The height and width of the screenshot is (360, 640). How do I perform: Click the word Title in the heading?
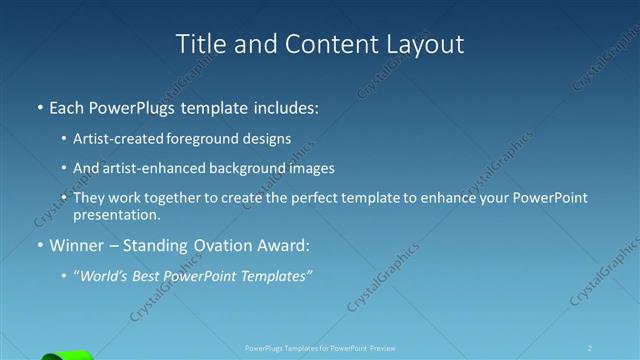(200, 44)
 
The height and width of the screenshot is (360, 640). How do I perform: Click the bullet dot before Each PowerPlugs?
(39, 106)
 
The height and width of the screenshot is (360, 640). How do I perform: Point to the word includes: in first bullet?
(283, 106)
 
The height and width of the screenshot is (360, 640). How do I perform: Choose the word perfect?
(312, 198)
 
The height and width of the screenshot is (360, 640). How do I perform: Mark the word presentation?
(116, 214)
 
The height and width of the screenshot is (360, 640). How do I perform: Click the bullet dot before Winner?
(39, 246)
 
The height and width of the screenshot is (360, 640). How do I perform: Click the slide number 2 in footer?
(591, 348)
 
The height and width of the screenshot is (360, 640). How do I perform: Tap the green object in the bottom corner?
(68, 355)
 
